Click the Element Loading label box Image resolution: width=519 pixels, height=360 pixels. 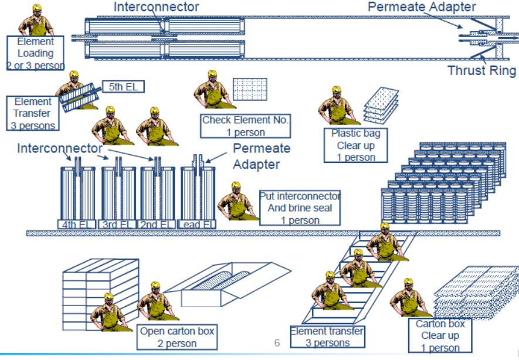pos(35,53)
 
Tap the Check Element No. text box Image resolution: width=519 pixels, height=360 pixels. pos(245,125)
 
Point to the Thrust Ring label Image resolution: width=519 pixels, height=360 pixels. pos(482,71)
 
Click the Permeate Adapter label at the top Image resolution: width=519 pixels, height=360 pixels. pos(422,7)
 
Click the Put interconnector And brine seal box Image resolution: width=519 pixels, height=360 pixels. pos(300,208)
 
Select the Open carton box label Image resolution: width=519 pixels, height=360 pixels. pos(177,337)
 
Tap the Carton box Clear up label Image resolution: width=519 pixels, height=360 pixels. pos(440,336)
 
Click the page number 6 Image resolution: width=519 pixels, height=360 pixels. pos(277,342)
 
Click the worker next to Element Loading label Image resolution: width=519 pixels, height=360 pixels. pos(36,21)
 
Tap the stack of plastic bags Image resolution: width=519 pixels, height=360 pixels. pos(381,102)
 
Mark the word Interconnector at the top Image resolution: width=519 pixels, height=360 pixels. pos(156,7)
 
